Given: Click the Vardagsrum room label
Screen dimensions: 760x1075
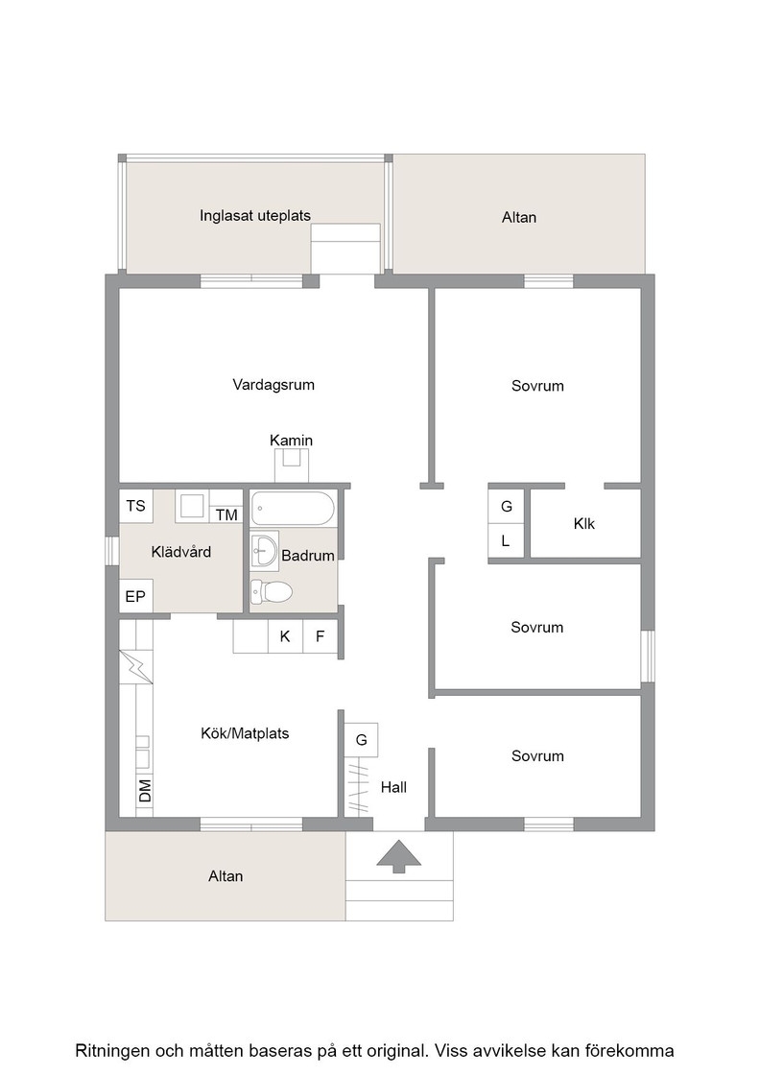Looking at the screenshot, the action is pos(273,385).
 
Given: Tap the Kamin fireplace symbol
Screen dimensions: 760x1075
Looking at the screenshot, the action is pos(292,466).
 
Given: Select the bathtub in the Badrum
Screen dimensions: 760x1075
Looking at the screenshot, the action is pos(293,509).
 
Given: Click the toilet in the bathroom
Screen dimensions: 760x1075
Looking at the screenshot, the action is pos(271,590).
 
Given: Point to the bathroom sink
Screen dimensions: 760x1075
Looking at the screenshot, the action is pos(265,549).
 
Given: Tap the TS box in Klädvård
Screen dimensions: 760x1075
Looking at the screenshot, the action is pos(135,506).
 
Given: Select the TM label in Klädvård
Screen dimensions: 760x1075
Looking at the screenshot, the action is pos(226,514).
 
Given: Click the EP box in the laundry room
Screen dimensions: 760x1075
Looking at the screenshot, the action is pos(135,596).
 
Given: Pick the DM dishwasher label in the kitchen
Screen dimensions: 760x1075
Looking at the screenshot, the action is pos(145,791).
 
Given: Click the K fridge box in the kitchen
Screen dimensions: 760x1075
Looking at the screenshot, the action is pos(285,636).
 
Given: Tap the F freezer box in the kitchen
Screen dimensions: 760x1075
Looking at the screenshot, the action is pos(321,636).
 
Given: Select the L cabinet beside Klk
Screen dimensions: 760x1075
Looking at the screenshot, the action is pos(507,541).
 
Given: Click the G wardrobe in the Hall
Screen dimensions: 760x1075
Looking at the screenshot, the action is pos(361,740).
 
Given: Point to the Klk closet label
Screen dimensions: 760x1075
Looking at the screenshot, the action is pos(583,524).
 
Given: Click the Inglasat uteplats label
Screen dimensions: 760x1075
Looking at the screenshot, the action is pos(255,215).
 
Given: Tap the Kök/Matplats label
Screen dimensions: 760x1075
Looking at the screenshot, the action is pos(245,733).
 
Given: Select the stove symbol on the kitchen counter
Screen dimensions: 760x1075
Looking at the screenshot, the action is pos(136,667).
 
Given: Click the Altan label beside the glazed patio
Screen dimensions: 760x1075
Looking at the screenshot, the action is pos(519,217).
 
